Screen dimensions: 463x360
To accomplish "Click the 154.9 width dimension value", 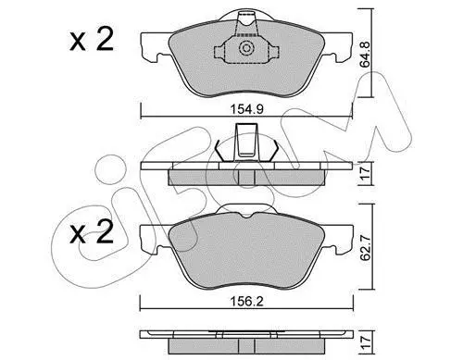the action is coord(246,109).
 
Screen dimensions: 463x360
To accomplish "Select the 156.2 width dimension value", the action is coord(247,302).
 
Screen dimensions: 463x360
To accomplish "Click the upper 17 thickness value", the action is coord(366,174).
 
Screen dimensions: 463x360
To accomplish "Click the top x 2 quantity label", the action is coord(91,40).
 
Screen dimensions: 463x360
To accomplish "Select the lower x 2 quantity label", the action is coord(91,232).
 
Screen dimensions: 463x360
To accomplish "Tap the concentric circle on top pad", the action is coord(246,48).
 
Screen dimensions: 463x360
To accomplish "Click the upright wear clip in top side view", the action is coord(246,142).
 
